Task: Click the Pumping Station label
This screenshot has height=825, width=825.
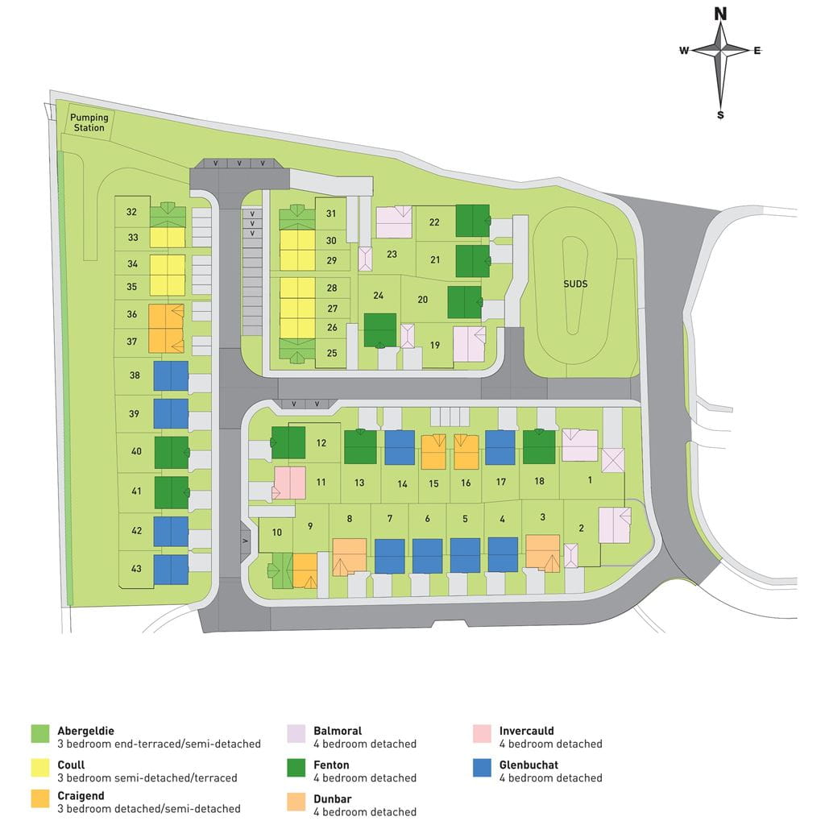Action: (89, 122)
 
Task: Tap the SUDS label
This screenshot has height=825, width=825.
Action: (575, 284)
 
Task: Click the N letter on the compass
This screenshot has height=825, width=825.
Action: (720, 14)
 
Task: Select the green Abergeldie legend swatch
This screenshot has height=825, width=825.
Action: (40, 734)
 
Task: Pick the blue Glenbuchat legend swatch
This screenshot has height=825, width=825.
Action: (483, 768)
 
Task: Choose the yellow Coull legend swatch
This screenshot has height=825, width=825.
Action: (40, 768)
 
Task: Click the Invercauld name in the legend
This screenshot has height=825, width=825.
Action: (526, 732)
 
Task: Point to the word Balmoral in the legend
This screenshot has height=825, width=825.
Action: (338, 732)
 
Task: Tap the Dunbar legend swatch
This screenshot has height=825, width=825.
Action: (297, 802)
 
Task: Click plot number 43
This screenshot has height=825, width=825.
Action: (136, 569)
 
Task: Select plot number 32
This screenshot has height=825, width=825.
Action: (132, 213)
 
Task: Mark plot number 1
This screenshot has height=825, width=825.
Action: (590, 480)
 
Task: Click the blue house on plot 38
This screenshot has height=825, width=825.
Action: (171, 375)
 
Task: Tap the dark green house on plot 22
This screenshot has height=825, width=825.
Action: (472, 221)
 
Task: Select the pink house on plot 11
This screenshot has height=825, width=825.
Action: (289, 482)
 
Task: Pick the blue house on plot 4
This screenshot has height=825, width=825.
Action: (503, 554)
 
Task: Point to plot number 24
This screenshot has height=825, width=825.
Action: (378, 296)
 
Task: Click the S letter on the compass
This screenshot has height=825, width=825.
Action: (720, 115)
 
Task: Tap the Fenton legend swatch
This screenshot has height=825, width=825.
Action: (297, 768)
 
